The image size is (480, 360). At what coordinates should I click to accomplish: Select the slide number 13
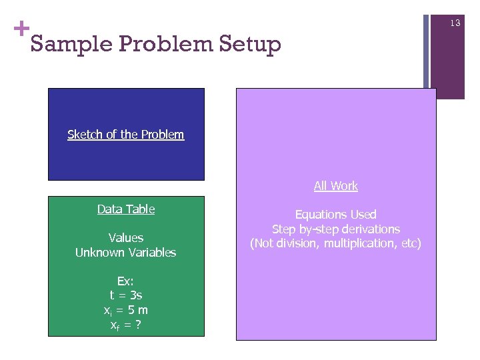455,23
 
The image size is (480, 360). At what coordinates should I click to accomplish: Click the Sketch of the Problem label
125,135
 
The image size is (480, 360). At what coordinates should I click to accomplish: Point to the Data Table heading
125,209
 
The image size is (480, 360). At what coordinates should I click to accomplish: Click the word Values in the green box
125,238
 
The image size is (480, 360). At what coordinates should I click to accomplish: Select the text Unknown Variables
125,253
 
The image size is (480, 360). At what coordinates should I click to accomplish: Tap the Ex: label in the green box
125,281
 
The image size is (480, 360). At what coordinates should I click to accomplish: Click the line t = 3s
125,295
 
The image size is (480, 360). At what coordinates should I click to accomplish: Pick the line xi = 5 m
125,310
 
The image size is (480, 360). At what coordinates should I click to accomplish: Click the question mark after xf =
137,325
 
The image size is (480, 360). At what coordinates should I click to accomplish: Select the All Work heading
335,186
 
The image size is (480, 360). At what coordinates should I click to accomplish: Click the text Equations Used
335,215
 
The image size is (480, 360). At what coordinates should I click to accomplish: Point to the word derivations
370,229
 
